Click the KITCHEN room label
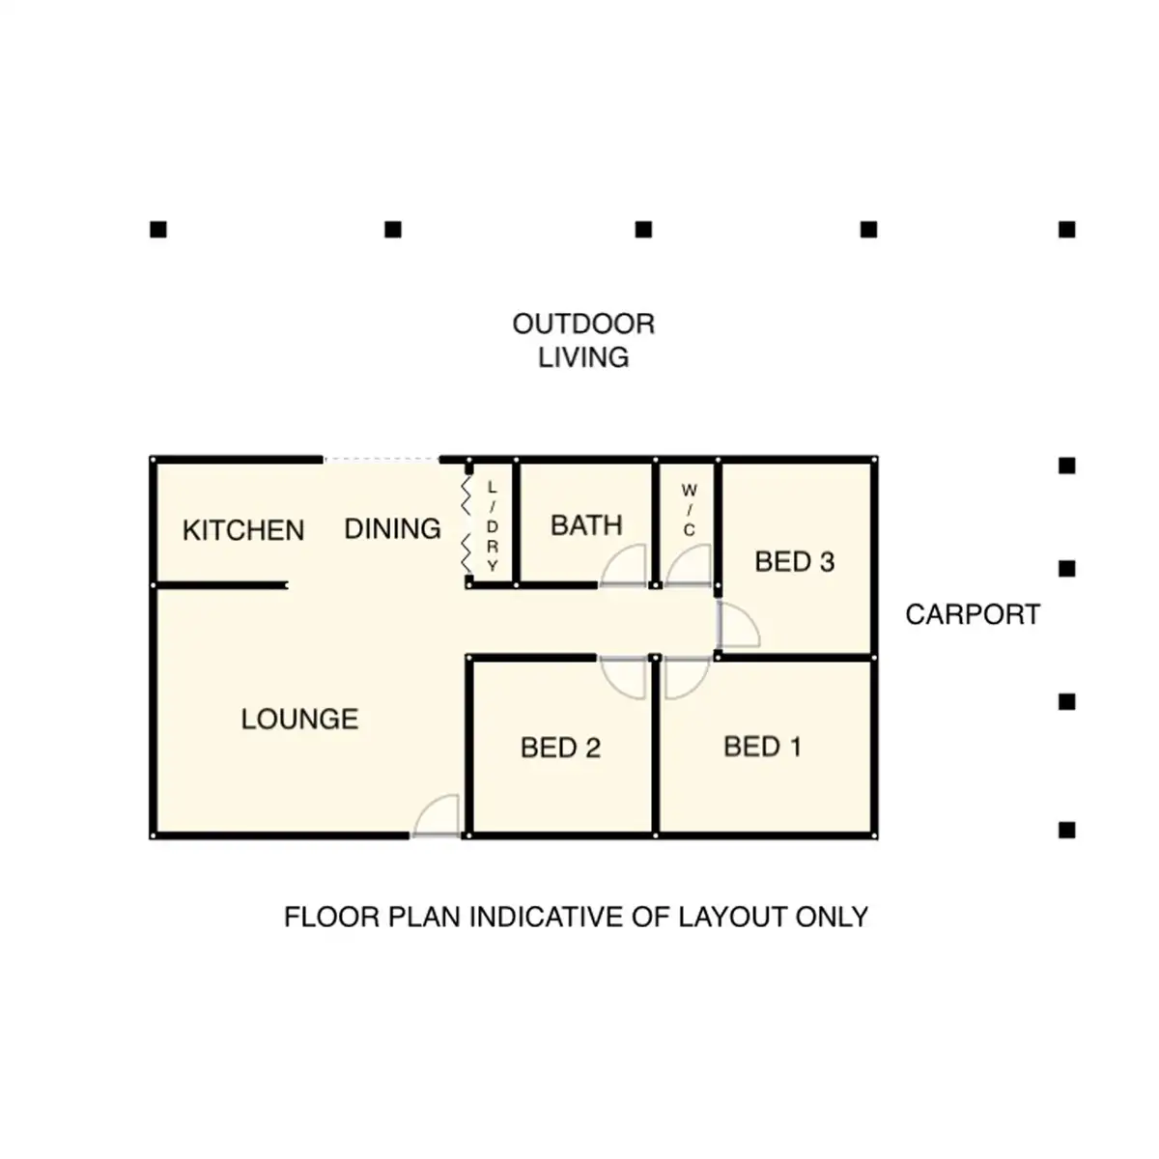[x=243, y=530]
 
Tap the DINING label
[x=392, y=529]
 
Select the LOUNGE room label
[x=299, y=719]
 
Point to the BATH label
[x=586, y=525]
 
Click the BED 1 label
[x=762, y=747]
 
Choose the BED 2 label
[x=560, y=748]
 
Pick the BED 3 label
[x=794, y=561]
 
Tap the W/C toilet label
[x=689, y=511]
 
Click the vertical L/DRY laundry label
[x=492, y=526]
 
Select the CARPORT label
[x=973, y=614]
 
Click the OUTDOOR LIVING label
[x=583, y=340]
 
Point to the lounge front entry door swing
[x=437, y=817]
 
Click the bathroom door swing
[x=624, y=567]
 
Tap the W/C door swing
[x=688, y=567]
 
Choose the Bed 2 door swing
[x=624, y=676]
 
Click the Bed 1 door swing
[x=686, y=676]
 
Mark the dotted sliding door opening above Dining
[x=381, y=460]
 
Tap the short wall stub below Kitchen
[x=221, y=585]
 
